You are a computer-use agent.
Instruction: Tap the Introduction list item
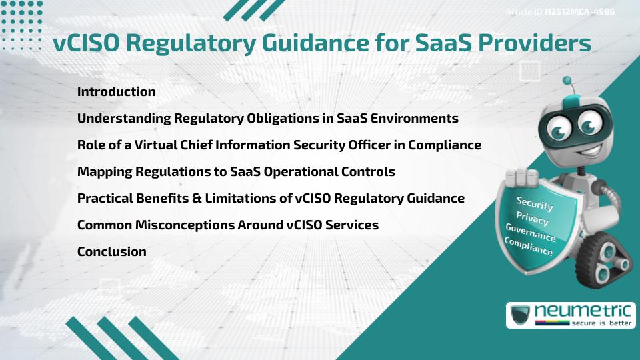tap(116, 92)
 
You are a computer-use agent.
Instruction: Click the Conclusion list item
tap(112, 252)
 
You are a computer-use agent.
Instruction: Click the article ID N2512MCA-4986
tap(579, 12)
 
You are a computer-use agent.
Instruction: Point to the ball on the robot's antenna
tap(567, 81)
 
